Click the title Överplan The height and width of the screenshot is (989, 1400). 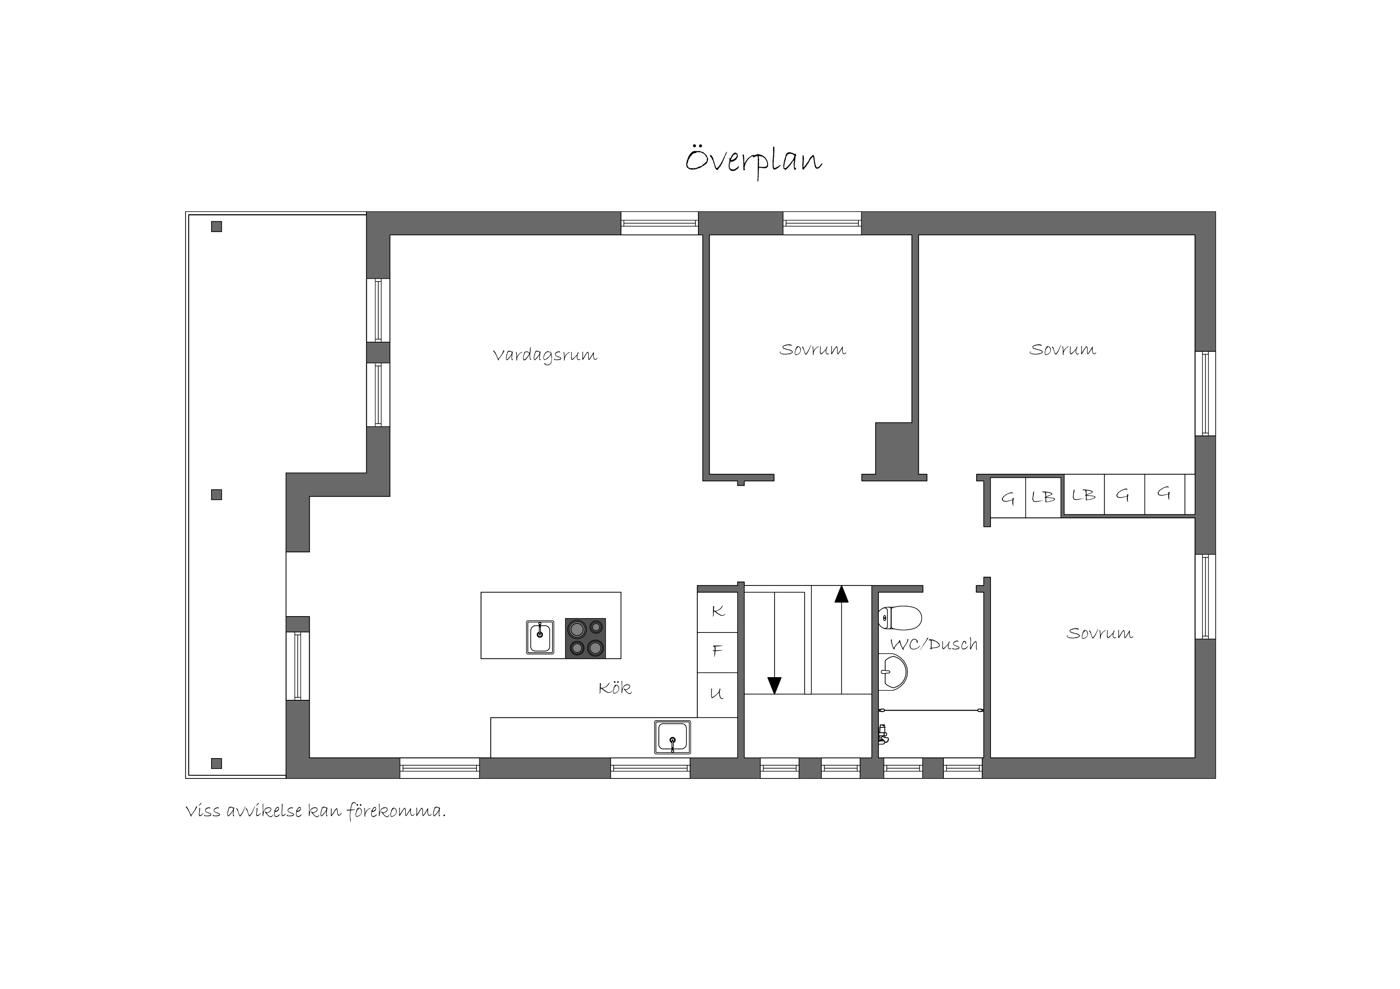753,160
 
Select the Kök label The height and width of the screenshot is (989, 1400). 615,688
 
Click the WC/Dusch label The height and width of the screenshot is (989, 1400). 933,644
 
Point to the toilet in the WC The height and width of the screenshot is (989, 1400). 900,617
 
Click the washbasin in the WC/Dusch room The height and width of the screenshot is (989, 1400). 893,672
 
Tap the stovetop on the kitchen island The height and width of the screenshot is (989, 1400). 585,638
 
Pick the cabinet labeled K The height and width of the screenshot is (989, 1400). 718,612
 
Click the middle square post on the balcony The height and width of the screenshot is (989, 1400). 216,495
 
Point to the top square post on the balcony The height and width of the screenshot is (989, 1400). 216,227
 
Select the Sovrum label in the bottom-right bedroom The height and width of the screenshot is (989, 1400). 1099,634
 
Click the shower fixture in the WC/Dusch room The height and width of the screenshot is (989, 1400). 883,734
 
